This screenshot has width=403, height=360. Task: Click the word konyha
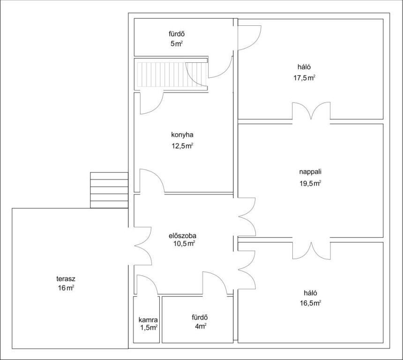point(182,135)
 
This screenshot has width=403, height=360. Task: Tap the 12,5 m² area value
point(182,146)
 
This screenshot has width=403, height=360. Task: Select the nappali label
point(310,172)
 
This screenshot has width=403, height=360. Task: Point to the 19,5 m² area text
point(310,183)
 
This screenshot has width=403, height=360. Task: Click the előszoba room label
point(182,235)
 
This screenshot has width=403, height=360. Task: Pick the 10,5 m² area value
point(184,243)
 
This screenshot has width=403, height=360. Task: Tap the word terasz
point(66,278)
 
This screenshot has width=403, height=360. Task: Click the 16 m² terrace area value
point(66,288)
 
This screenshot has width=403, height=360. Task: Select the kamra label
point(148,320)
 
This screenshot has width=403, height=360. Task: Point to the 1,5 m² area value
point(149,328)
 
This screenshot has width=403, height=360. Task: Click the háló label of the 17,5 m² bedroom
point(304,67)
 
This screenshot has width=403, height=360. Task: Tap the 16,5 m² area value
point(311,303)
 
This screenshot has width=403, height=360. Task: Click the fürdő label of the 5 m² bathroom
point(177,34)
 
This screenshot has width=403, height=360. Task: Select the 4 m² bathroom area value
point(201,327)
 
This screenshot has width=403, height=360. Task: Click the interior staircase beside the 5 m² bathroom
point(172,75)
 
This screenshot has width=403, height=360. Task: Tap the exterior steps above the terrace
point(109,190)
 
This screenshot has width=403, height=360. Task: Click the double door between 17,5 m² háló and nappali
point(311,111)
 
